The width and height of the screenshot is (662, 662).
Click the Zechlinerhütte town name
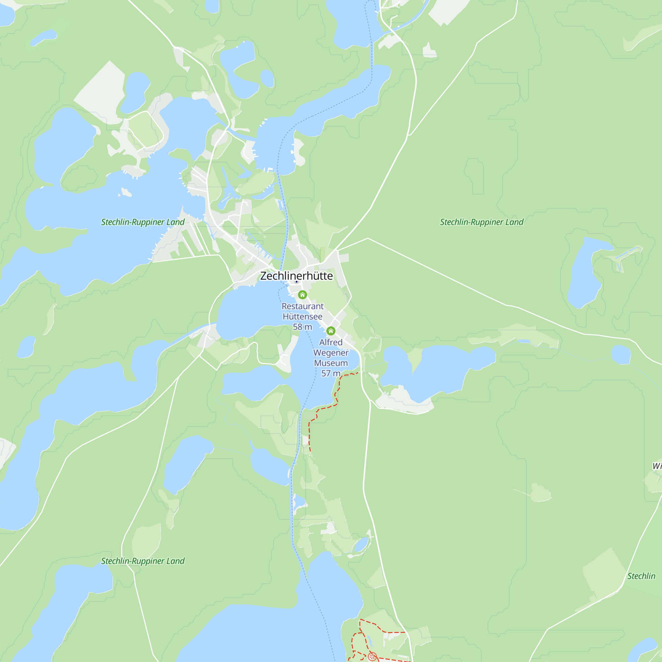[x=296, y=276]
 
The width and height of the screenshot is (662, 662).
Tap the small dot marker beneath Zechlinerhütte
[x=297, y=282]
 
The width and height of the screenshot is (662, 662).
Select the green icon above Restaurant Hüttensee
[x=302, y=295]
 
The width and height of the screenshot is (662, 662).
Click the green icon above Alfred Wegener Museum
[x=331, y=331]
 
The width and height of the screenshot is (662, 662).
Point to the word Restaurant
[x=302, y=306]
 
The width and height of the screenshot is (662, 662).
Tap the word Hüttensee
[x=302, y=317]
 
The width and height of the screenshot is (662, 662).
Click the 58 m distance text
[x=302, y=327]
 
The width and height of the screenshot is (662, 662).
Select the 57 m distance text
[x=331, y=373]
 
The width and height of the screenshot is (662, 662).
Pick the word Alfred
[x=331, y=342]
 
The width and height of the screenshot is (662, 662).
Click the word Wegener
[x=331, y=353]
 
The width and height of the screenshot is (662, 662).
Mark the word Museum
[x=331, y=363]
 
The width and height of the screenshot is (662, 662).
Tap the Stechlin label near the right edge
[x=641, y=576]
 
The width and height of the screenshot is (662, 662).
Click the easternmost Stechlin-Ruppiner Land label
[x=481, y=222]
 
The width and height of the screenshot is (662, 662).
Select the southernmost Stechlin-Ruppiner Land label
[x=143, y=561]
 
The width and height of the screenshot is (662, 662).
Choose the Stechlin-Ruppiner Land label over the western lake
[x=143, y=222]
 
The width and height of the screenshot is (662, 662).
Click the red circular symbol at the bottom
[x=372, y=656]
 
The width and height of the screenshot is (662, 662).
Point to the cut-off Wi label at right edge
[x=657, y=466]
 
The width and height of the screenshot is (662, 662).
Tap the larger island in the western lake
[x=126, y=192]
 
